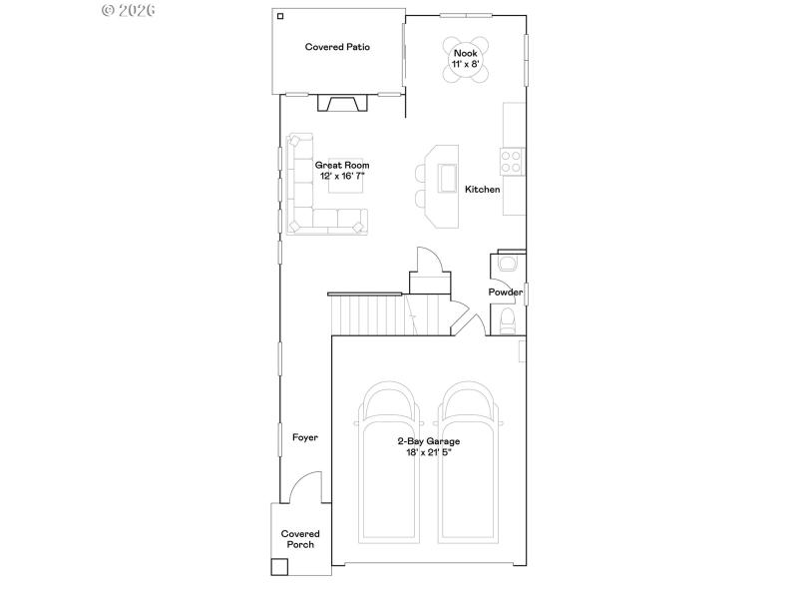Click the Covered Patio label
[338, 47]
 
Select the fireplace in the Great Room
[339, 103]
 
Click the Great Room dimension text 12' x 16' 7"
[342, 176]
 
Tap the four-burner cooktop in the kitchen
[512, 161]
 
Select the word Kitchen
[482, 189]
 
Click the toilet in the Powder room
[506, 320]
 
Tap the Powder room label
[505, 293]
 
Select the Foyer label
[304, 437]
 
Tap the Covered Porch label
[300, 539]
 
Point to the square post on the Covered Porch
[279, 566]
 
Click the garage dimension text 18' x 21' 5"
[429, 452]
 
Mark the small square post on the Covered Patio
[281, 16]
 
